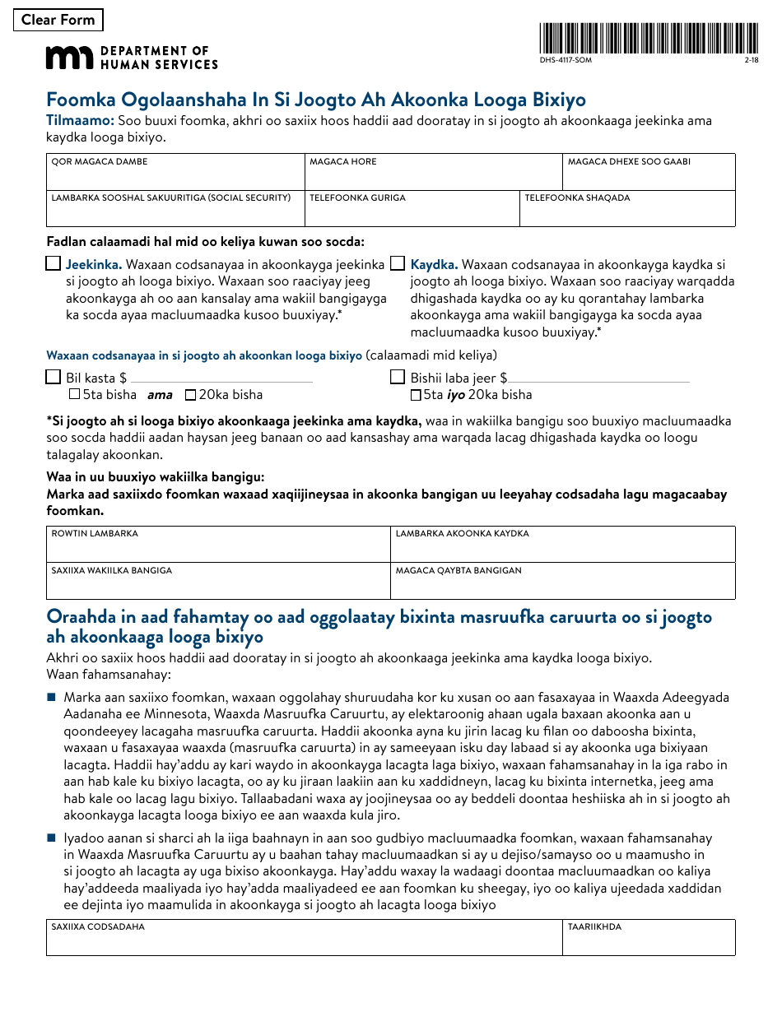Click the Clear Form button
58,20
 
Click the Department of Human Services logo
132,58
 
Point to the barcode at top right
649,38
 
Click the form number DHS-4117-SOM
566,61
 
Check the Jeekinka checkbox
54,264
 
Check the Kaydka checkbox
398,264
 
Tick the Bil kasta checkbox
54,378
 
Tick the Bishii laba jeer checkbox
398,378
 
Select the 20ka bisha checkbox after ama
191,395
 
